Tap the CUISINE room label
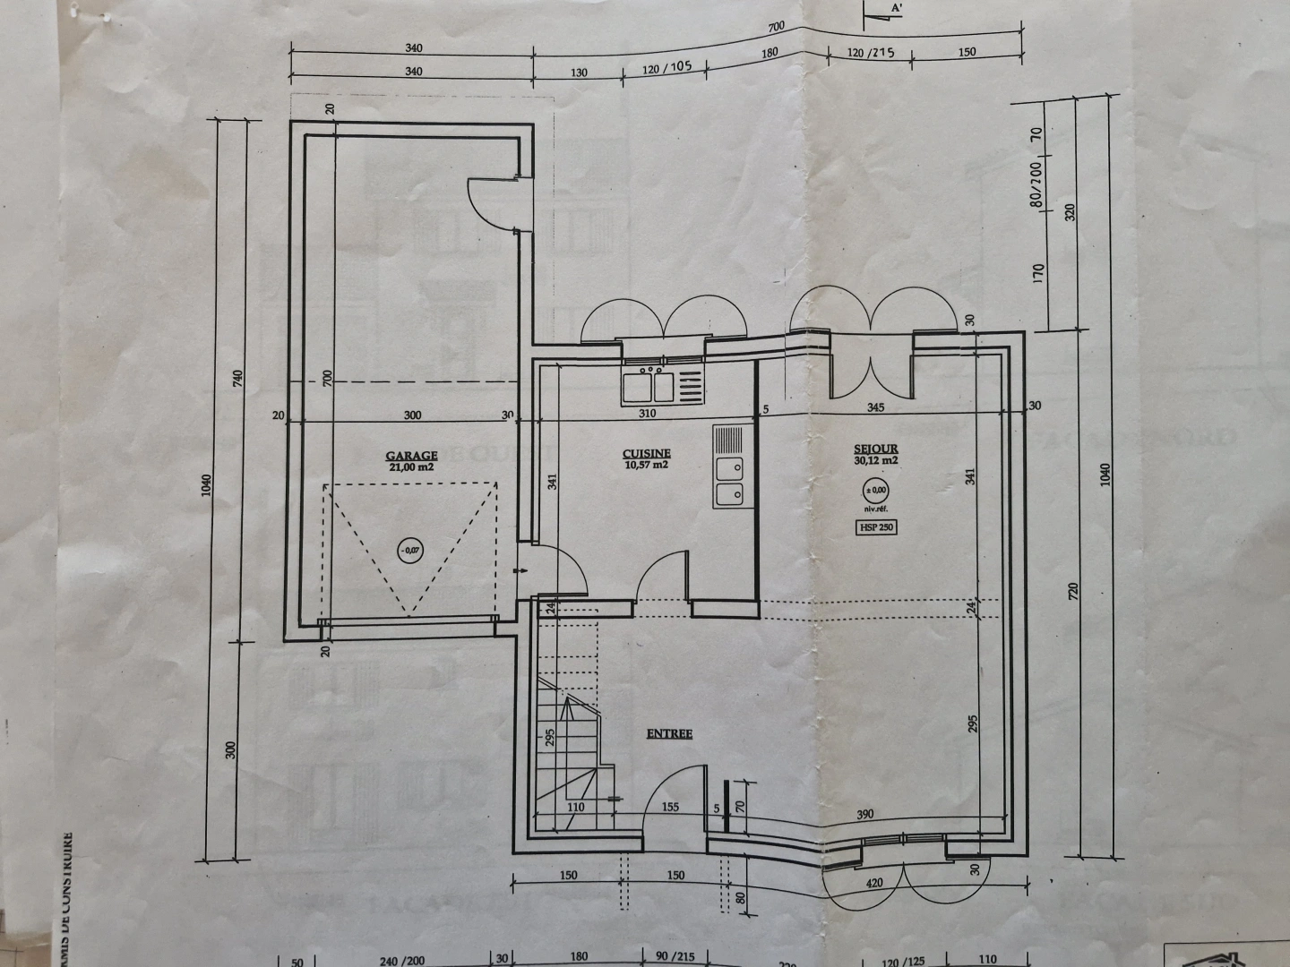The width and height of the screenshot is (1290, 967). click(x=647, y=453)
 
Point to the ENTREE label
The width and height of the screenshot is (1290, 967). click(x=669, y=733)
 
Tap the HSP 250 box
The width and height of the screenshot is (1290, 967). click(x=876, y=527)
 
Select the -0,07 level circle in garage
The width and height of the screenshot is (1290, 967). click(x=408, y=550)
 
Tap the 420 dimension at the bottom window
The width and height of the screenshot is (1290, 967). click(x=875, y=883)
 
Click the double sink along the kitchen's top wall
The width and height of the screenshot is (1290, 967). click(x=649, y=386)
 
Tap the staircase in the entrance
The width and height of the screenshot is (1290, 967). click(x=568, y=716)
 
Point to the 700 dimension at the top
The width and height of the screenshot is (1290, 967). click(x=776, y=28)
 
